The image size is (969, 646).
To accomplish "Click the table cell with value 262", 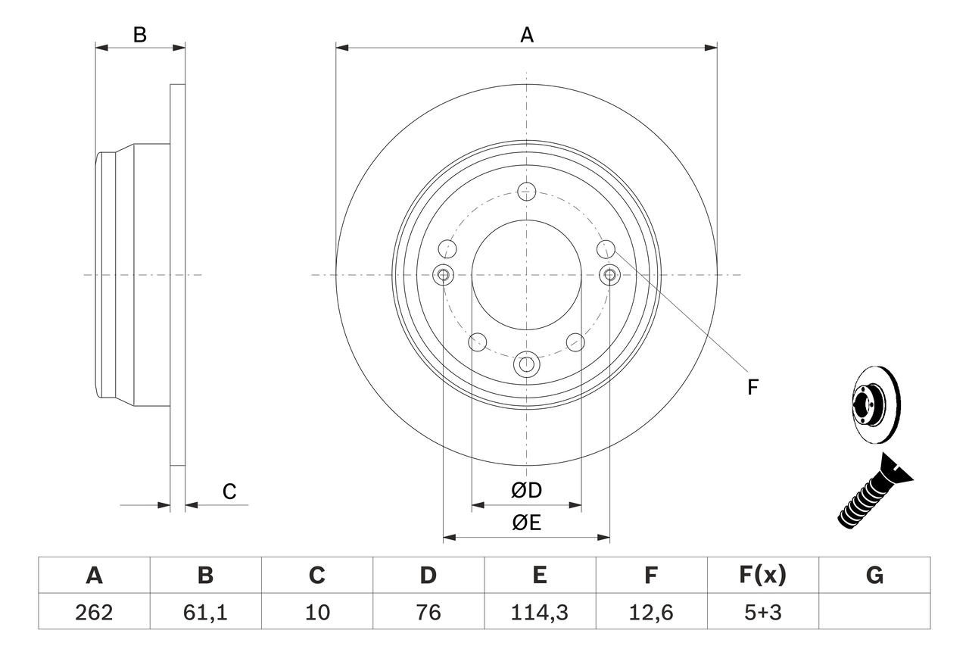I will point(94,612).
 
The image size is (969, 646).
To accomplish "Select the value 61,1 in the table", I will point(205,612).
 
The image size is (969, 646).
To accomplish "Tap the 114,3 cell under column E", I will point(539,612).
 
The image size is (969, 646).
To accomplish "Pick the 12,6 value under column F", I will point(650,612).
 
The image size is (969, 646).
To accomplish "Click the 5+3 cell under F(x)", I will point(762,612).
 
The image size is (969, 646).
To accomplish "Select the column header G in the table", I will point(874,576).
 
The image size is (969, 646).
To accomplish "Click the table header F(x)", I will point(762,576).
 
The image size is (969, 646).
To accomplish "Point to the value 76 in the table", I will point(428,612).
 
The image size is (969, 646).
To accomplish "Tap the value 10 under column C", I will point(316,612).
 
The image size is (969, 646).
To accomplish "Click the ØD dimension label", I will point(527,491).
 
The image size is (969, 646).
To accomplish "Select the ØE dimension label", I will point(527,523).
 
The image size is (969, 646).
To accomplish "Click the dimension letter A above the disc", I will point(527,35).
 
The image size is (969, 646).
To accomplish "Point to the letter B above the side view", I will point(140,35).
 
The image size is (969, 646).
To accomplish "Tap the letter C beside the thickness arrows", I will point(229,492).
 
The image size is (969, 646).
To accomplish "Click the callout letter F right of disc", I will point(752,388).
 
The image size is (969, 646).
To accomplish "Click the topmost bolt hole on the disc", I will point(527,190).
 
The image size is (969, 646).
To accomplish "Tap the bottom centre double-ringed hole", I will point(527,364).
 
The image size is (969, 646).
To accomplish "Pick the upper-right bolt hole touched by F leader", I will point(606,248).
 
